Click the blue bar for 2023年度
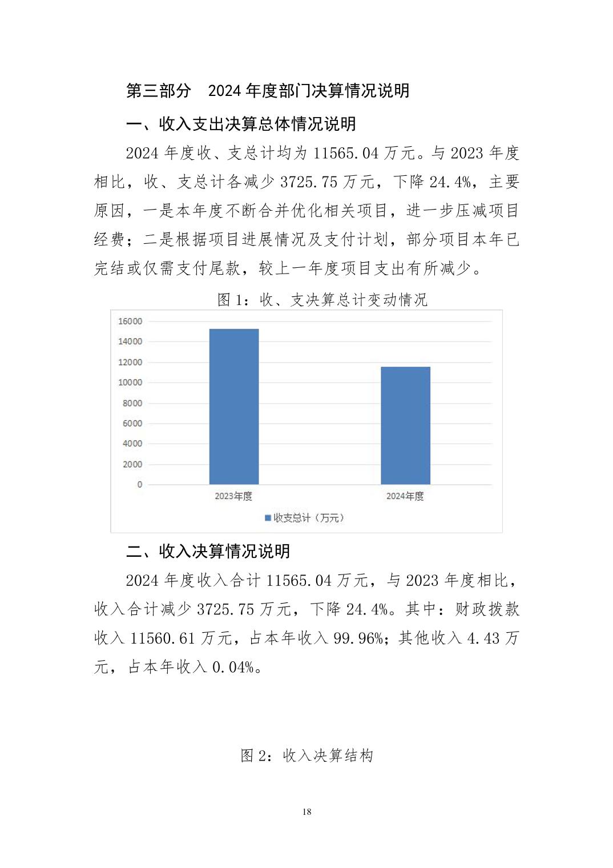[x=233, y=407]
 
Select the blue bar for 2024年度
[x=405, y=425]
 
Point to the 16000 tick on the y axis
[x=130, y=322]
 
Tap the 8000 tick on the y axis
[x=132, y=403]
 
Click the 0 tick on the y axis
[x=139, y=485]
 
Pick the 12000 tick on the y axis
[x=130, y=363]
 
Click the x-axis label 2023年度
[x=233, y=496]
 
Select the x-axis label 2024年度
[x=405, y=496]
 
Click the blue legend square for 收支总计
[x=268, y=518]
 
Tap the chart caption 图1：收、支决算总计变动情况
[x=322, y=300]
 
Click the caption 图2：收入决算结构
[x=307, y=756]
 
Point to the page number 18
[x=307, y=812]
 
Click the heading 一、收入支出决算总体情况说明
[x=241, y=124]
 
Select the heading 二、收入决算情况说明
[x=208, y=551]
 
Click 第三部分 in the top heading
[x=159, y=91]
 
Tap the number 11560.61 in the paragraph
[x=163, y=638]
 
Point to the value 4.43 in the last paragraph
[x=483, y=638]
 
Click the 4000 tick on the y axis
[x=132, y=444]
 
